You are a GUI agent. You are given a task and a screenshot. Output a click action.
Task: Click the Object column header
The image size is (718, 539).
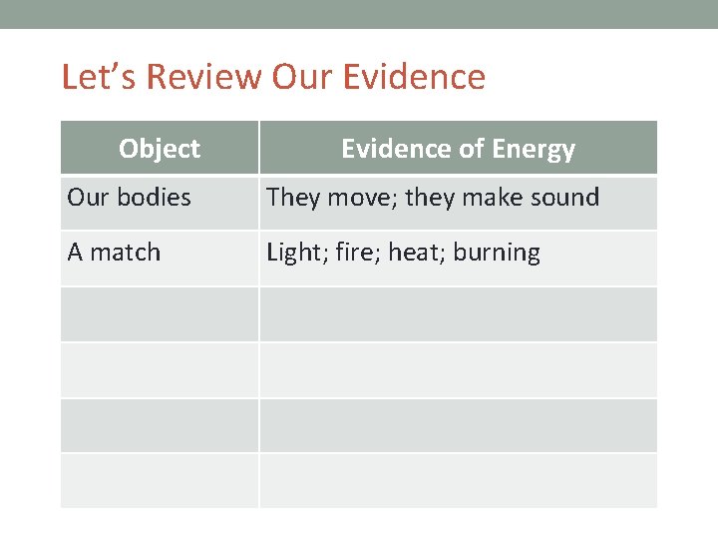point(160,149)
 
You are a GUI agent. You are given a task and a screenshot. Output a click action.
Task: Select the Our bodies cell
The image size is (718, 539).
point(129,198)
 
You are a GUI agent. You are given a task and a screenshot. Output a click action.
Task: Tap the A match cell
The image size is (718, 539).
point(114,253)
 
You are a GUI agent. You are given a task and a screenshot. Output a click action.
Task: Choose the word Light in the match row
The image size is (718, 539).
point(290,253)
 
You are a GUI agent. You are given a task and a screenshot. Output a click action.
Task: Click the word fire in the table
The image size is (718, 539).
point(350,253)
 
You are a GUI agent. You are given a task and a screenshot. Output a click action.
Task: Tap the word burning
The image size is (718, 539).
point(497,253)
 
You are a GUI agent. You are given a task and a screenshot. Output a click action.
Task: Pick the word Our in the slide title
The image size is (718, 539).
point(296,77)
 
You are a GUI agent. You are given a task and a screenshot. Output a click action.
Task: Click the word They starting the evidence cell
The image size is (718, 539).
point(291,198)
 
